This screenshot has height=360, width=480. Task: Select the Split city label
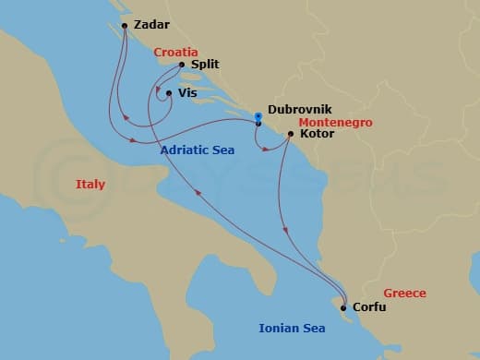204,66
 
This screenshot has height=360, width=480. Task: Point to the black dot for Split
181,66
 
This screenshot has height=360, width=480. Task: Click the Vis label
187,93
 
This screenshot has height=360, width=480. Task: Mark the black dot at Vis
168,93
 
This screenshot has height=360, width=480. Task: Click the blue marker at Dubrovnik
258,116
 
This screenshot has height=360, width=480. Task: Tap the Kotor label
317,134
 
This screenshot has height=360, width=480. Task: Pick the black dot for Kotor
291,135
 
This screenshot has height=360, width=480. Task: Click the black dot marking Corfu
343,308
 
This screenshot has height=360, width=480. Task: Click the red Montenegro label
330,121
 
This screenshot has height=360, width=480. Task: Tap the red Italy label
90,185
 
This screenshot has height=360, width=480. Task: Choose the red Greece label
405,294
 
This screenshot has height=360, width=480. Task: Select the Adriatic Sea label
197,150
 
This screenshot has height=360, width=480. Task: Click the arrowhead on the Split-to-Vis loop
158,90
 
